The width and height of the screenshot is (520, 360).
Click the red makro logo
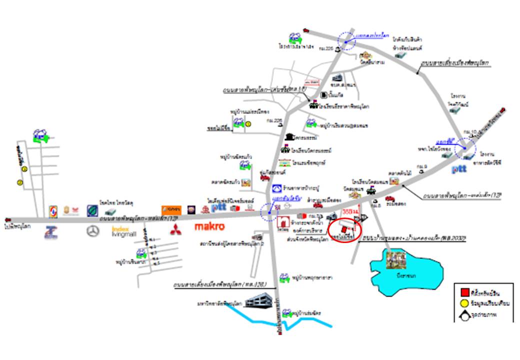(209, 227)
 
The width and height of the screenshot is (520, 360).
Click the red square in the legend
(463, 291)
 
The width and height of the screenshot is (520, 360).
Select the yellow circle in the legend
(463, 302)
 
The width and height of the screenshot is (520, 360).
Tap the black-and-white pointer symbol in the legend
(463, 315)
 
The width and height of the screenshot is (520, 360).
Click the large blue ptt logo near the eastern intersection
(459, 169)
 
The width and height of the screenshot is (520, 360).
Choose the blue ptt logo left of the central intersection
(218, 206)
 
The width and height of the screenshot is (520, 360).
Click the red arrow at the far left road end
(6, 219)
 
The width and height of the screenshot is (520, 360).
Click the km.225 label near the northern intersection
(329, 49)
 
